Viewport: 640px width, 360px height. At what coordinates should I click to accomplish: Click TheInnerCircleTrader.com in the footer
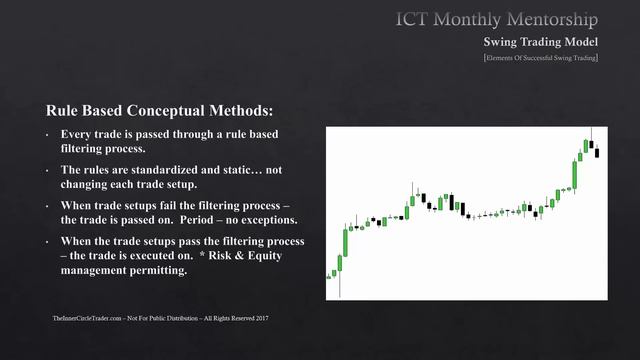pos(85,318)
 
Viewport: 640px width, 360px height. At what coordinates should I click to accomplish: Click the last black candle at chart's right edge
pos(597,153)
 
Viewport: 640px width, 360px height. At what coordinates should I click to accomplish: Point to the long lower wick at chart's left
pos(340,283)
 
